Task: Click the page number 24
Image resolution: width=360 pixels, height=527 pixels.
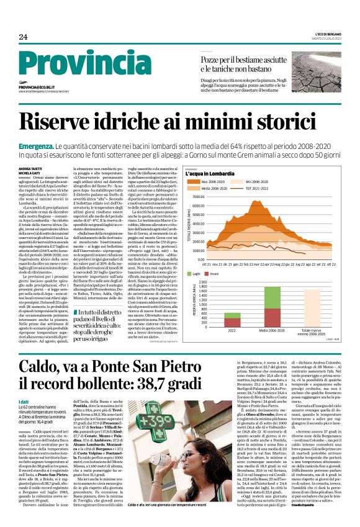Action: pyautogui.click(x=23, y=37)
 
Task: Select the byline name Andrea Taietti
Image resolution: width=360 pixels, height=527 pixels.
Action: pyautogui.click(x=29, y=168)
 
